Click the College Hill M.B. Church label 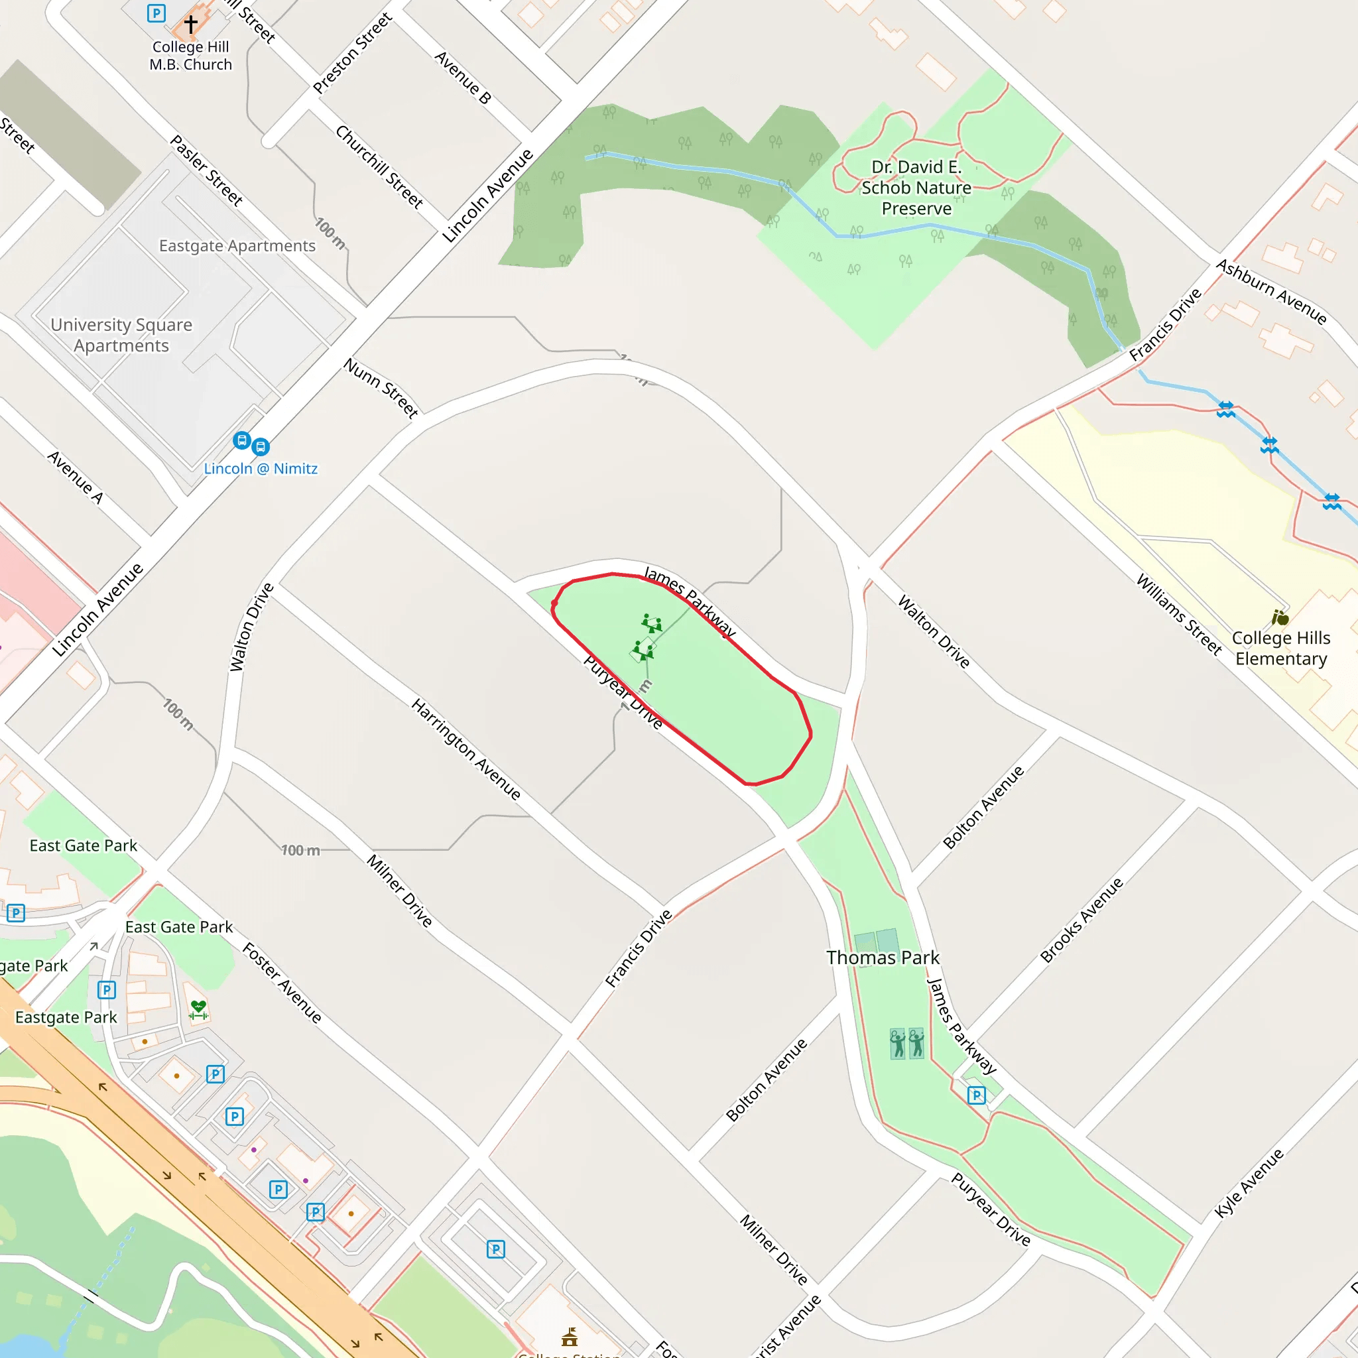(x=190, y=56)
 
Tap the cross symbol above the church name (x=190, y=24)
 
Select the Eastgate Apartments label (x=237, y=246)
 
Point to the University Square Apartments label (x=121, y=336)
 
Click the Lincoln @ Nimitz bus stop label (x=261, y=469)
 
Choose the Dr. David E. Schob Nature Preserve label (x=916, y=188)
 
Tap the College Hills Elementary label (x=1280, y=648)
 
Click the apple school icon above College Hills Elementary (x=1280, y=618)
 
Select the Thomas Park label (x=883, y=958)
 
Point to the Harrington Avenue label (x=466, y=749)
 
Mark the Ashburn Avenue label (x=1272, y=292)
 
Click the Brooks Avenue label (x=1081, y=920)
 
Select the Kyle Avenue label (x=1249, y=1182)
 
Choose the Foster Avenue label (x=282, y=983)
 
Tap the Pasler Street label (x=207, y=171)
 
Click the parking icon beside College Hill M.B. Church (x=156, y=13)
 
